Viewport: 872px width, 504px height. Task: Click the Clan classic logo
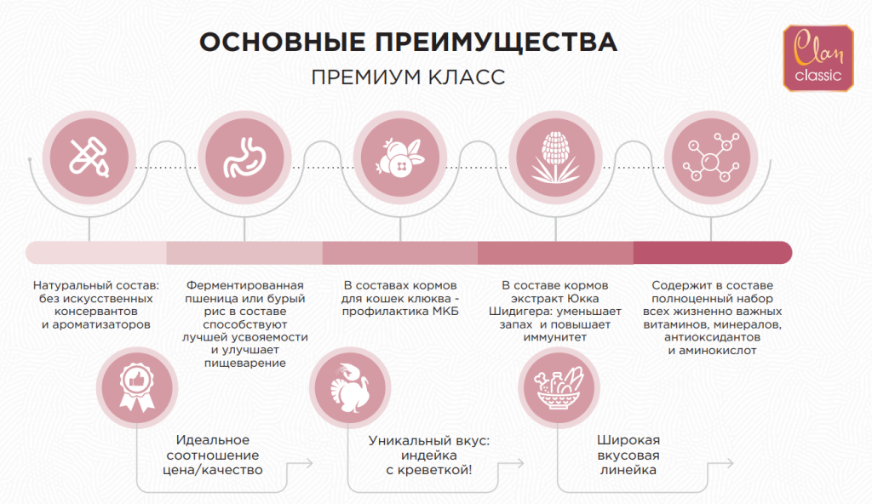click(818, 58)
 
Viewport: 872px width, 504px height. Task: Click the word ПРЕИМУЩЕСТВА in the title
click(496, 43)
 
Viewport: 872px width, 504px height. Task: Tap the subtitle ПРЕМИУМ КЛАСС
click(408, 77)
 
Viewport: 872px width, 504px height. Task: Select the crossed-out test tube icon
click(89, 157)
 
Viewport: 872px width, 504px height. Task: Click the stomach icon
click(244, 157)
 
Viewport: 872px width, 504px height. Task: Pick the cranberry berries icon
click(400, 157)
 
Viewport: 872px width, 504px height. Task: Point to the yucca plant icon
click(555, 157)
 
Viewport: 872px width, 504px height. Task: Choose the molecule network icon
click(711, 157)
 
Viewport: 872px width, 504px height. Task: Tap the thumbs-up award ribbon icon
click(137, 387)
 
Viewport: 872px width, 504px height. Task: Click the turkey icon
click(350, 387)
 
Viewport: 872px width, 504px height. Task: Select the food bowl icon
click(559, 387)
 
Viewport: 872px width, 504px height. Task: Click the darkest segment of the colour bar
click(713, 253)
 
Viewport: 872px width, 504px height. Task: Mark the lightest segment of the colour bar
click(96, 253)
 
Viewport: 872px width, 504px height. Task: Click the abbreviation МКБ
click(445, 312)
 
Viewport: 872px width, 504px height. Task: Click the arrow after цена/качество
click(300, 463)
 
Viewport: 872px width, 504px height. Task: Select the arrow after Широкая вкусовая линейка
click(720, 463)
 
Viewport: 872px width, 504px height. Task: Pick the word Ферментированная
click(244, 286)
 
